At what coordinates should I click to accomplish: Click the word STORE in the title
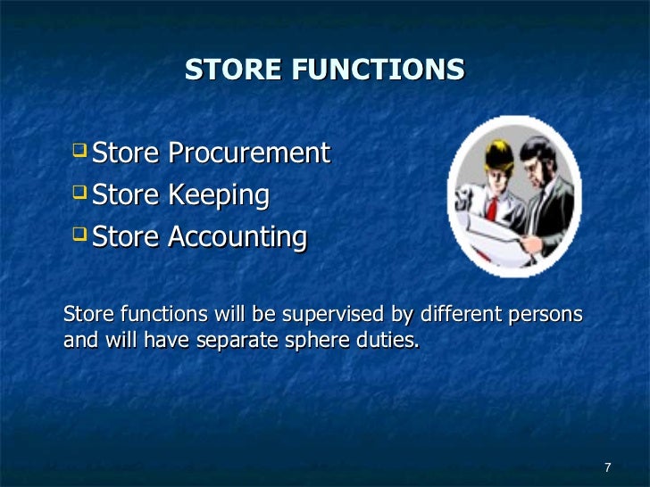[x=229, y=70]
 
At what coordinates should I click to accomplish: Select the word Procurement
[x=249, y=153]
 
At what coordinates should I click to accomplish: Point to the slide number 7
[x=607, y=468]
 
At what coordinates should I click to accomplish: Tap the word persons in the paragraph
[x=545, y=315]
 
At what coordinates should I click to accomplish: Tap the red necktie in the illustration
[x=492, y=208]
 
